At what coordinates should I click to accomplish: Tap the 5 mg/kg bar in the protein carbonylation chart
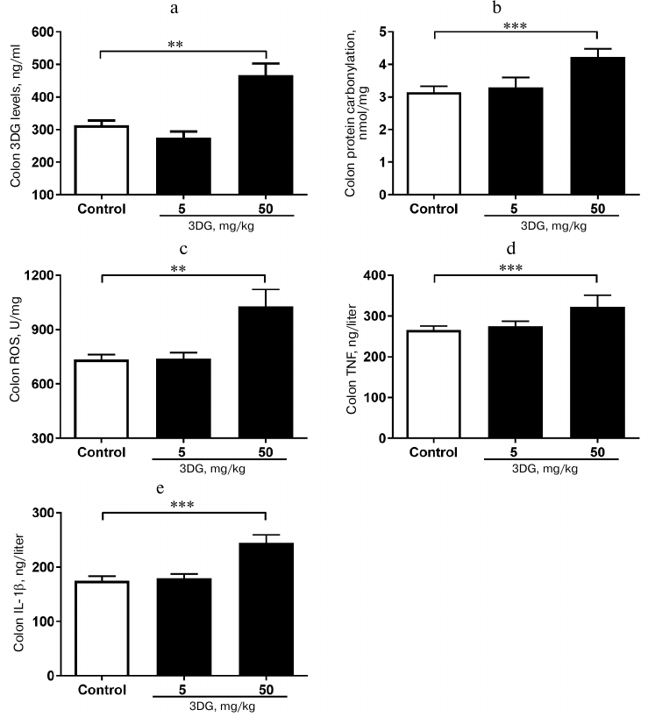click(515, 141)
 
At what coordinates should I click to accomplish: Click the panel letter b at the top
click(497, 9)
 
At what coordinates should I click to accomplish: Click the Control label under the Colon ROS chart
click(101, 453)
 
